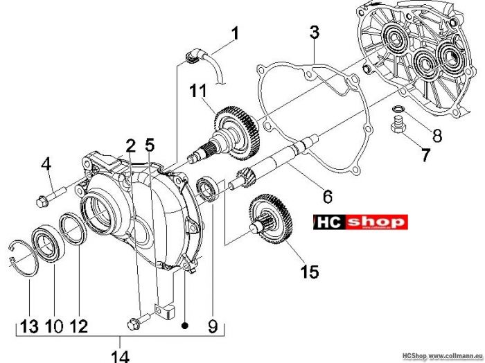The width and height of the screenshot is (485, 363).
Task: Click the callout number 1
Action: click(235, 33)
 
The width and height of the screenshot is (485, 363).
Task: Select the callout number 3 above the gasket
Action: click(315, 32)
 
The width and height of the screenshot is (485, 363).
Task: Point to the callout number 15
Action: click(309, 272)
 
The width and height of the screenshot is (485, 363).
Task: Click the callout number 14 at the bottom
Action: click(120, 355)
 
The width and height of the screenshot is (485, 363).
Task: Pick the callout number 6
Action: click(327, 196)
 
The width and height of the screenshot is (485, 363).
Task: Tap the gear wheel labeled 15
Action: click(270, 219)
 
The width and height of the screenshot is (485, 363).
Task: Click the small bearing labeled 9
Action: click(207, 188)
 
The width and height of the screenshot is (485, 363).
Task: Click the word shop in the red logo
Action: click(378, 222)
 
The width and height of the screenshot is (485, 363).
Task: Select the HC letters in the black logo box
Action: click(330, 222)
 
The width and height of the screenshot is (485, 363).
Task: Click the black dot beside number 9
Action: click(185, 326)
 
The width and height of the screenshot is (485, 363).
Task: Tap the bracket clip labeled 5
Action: click(164, 311)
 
